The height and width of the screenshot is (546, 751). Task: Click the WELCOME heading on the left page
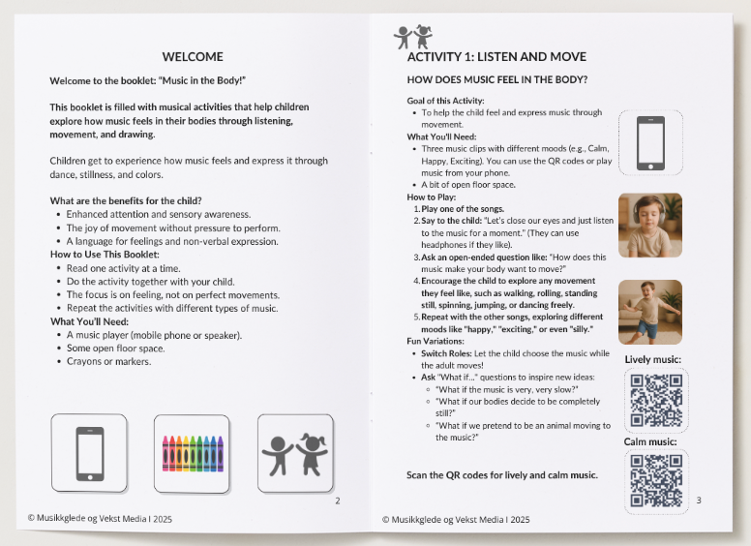coord(193,56)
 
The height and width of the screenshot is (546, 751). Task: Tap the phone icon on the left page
coord(89,453)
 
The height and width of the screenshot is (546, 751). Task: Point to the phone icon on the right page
coord(649,143)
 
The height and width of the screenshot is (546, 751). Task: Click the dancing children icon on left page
coord(295,453)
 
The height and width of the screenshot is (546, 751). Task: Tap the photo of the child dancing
coord(649,312)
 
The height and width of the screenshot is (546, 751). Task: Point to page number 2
coord(337,500)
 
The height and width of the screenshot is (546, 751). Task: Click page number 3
coord(698,500)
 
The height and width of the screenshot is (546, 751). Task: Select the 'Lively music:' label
coord(653,360)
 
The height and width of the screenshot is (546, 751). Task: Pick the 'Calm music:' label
coord(650,442)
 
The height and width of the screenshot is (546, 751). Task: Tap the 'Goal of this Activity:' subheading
coord(446,101)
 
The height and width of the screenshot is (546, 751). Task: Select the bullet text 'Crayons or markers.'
coord(109,362)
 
